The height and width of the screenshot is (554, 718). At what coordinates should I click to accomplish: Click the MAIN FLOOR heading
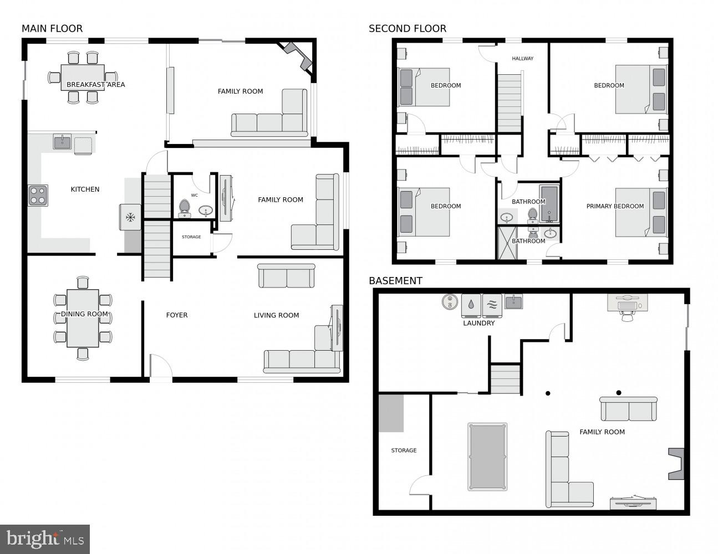[52, 29]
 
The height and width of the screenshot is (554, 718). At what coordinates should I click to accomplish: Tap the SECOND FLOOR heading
[407, 29]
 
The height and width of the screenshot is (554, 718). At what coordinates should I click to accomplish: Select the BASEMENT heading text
[395, 281]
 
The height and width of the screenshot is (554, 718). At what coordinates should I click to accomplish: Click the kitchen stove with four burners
[38, 196]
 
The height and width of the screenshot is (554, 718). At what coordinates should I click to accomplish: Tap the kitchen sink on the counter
[62, 142]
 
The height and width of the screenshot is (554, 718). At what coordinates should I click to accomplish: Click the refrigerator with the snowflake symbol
[130, 217]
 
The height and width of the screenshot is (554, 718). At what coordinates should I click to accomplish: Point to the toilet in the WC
[184, 208]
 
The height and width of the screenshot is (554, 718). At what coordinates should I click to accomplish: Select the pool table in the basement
[487, 457]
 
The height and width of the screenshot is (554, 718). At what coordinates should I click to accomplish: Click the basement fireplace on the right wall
[676, 464]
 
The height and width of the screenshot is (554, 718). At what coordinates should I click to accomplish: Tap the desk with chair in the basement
[628, 306]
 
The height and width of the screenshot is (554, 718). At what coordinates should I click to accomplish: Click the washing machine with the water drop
[471, 304]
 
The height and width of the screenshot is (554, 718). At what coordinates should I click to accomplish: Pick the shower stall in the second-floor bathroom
[507, 243]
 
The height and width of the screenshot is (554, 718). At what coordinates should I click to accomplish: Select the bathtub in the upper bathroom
[549, 204]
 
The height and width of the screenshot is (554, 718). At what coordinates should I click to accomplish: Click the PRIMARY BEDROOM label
[615, 206]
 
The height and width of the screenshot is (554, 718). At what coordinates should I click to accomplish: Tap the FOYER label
[177, 315]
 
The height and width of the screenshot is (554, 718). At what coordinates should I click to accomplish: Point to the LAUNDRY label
[478, 323]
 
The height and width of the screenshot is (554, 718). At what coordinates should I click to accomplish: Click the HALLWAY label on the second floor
[522, 58]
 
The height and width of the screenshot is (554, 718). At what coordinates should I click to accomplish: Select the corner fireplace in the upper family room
[299, 55]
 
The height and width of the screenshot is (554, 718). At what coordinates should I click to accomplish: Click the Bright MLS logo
[45, 539]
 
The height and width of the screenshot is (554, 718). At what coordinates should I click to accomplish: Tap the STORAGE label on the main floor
[191, 237]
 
